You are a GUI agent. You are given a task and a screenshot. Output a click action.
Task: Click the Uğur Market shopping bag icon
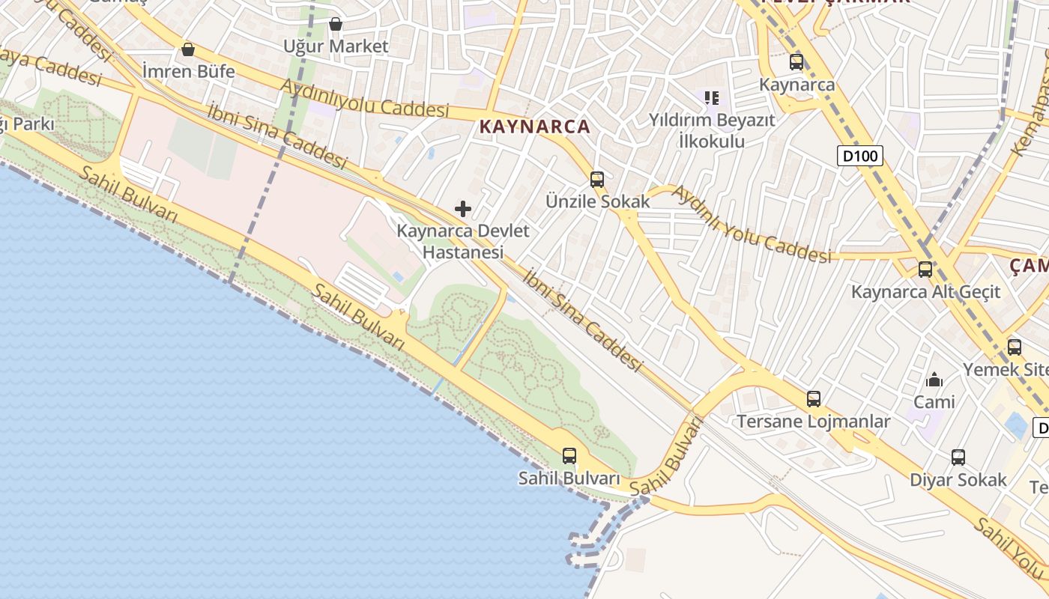(x=336, y=25)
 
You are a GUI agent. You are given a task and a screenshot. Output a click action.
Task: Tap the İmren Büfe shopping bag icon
(x=188, y=50)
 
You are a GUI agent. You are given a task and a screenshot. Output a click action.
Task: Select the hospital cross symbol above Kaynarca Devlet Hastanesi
(x=463, y=209)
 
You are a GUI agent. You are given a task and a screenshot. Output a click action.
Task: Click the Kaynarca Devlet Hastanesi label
(x=463, y=242)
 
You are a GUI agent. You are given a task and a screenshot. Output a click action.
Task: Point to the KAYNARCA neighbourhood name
(x=535, y=127)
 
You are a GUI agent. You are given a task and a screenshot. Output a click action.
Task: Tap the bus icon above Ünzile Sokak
(x=597, y=180)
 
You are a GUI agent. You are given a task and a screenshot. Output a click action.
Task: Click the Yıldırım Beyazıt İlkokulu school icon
(x=712, y=97)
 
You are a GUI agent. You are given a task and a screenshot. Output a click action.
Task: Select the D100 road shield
(x=860, y=156)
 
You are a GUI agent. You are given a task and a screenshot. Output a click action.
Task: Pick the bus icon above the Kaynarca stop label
(x=796, y=62)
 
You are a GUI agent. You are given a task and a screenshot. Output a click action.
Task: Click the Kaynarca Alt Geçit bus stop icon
(x=925, y=270)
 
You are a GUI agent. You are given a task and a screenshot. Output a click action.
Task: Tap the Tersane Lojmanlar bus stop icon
(x=814, y=399)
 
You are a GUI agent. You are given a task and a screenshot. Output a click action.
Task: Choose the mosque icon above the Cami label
(x=934, y=380)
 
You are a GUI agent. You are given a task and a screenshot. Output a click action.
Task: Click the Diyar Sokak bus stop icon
(x=958, y=457)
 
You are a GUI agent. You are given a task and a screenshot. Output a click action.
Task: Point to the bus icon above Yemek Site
(x=1015, y=347)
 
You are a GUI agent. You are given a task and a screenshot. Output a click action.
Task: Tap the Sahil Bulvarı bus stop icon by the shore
(x=569, y=455)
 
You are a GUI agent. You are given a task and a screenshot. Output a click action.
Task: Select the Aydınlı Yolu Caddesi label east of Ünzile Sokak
(x=752, y=225)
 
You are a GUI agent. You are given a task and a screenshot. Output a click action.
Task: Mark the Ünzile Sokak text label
(x=598, y=201)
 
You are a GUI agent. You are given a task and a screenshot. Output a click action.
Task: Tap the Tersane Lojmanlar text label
(x=814, y=422)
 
